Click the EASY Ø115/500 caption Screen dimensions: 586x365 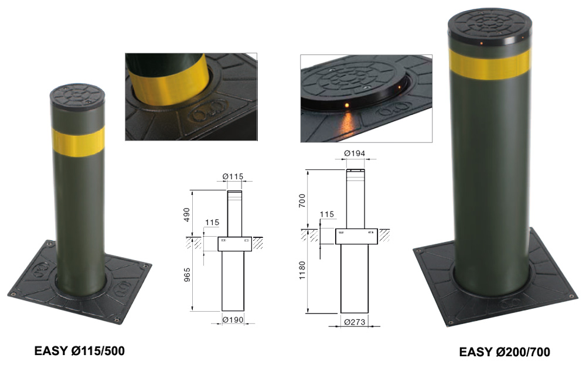79,350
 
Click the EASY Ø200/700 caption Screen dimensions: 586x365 505,352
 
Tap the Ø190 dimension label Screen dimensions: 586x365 233,320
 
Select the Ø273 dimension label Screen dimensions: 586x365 355,322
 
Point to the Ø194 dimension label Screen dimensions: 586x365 355,153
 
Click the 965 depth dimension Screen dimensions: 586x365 188,275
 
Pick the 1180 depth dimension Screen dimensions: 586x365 302,271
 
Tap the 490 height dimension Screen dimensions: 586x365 186,214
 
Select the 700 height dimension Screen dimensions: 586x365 302,200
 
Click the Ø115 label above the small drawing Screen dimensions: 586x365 233,176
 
